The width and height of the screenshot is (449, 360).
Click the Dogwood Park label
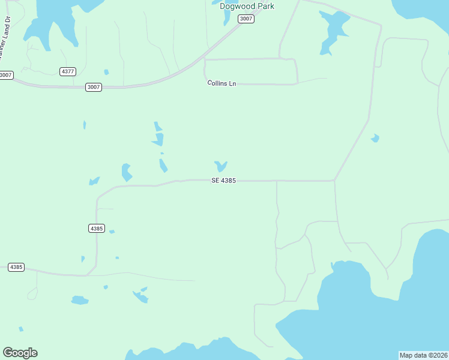247,7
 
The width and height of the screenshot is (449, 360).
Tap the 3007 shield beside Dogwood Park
246,19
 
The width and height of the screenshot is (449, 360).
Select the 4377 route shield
68,71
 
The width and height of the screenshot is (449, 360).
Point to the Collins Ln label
221,83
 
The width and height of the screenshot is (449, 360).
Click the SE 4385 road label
222,180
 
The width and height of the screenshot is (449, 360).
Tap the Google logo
20,353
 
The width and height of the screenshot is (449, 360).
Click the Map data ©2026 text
423,355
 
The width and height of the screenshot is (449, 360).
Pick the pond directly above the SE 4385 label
220,165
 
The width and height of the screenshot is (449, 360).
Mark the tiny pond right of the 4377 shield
106,72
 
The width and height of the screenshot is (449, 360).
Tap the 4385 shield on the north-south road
96,228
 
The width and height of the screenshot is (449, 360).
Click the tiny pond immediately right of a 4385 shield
112,232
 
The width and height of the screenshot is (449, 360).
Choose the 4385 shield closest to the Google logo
16,267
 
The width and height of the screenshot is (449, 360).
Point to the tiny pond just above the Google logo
21,329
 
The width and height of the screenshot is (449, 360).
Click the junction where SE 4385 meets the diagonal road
334,180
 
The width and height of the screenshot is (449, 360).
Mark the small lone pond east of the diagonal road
375,138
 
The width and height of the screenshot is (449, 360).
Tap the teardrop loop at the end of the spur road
32,293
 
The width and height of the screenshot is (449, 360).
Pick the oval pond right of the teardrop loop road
79,299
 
